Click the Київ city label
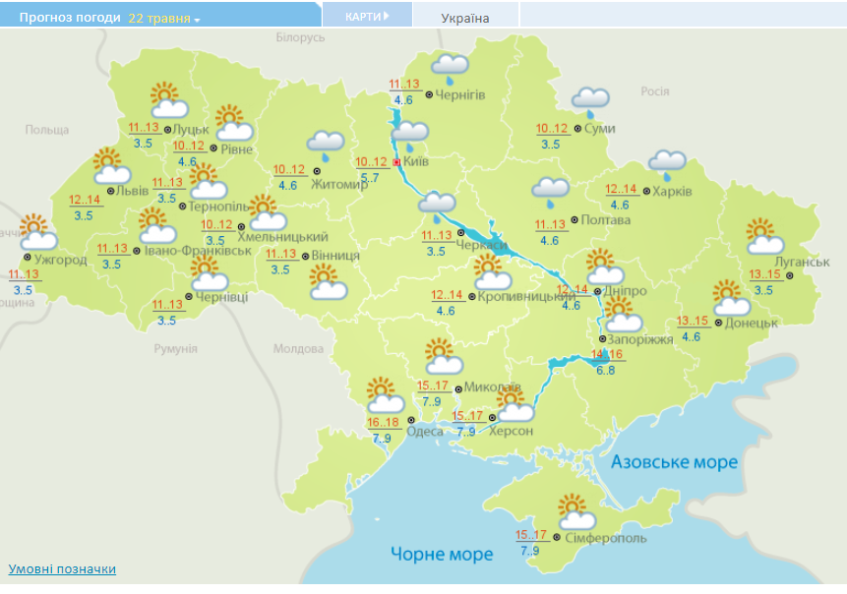click(416, 162)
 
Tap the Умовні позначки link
click(62, 569)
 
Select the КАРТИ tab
click(366, 17)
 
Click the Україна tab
click(465, 18)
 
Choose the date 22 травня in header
click(159, 18)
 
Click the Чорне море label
click(442, 555)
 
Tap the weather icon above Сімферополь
click(576, 512)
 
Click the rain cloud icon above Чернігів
click(451, 68)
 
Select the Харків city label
click(673, 191)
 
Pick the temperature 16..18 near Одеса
click(381, 423)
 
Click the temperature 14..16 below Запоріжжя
click(607, 355)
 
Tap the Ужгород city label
click(61, 260)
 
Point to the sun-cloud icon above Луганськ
click(764, 237)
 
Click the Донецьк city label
click(753, 323)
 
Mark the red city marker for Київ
click(396, 162)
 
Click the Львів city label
click(133, 191)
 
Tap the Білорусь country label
click(300, 37)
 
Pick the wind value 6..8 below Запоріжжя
click(605, 370)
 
